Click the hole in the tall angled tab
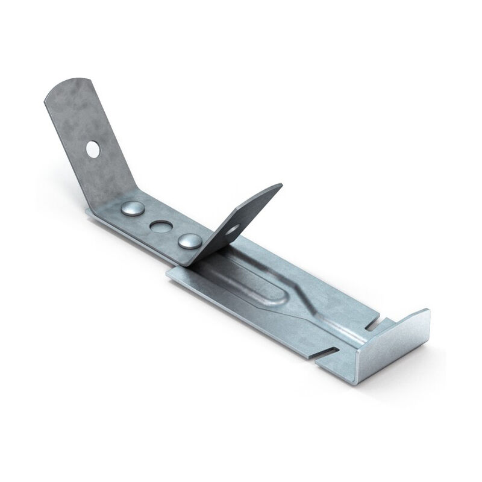[93, 149]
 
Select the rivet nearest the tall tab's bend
[133, 209]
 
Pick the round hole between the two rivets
[161, 227]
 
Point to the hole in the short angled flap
[232, 229]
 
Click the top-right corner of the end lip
[428, 311]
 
